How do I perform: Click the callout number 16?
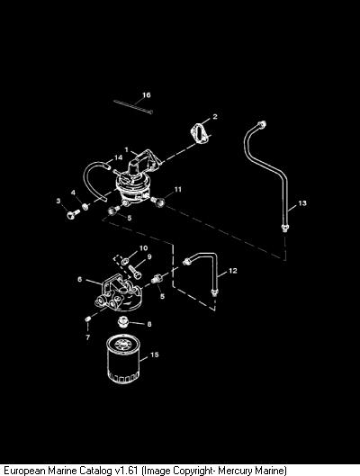(x=147, y=95)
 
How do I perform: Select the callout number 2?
(x=215, y=117)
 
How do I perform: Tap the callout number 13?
(x=302, y=203)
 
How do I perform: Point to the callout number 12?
(x=233, y=271)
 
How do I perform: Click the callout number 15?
(x=155, y=355)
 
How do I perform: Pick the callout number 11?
(x=178, y=190)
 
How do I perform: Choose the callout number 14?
(x=119, y=157)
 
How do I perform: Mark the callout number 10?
(x=143, y=248)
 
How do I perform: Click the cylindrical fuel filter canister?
(x=123, y=359)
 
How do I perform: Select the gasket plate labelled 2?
(x=200, y=133)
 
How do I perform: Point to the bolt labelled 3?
(x=73, y=214)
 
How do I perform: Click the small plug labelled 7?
(x=87, y=319)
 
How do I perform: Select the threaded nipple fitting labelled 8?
(x=122, y=322)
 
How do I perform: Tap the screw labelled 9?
(x=135, y=272)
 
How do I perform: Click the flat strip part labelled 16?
(x=133, y=106)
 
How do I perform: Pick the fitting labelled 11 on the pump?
(x=158, y=201)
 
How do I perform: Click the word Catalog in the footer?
(x=95, y=471)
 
